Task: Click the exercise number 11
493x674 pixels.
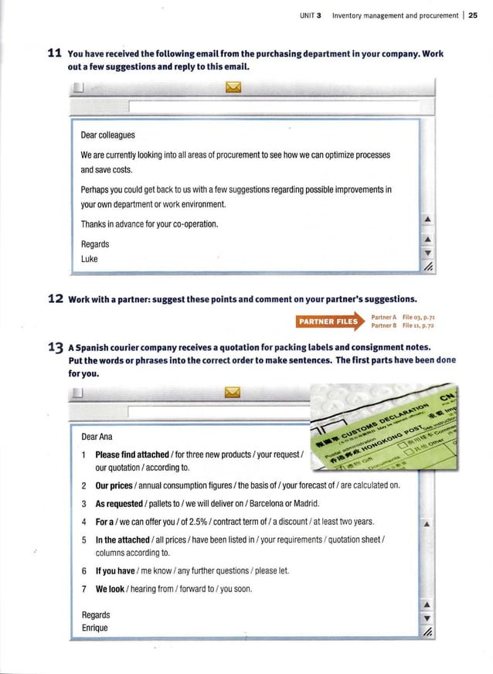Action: tap(55, 53)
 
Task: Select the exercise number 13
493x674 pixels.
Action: tap(55, 347)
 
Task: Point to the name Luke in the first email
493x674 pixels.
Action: tap(90, 259)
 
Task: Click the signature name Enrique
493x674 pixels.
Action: tap(95, 628)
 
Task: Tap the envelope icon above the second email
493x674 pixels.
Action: tap(233, 397)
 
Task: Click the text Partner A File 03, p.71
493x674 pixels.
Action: tap(405, 317)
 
